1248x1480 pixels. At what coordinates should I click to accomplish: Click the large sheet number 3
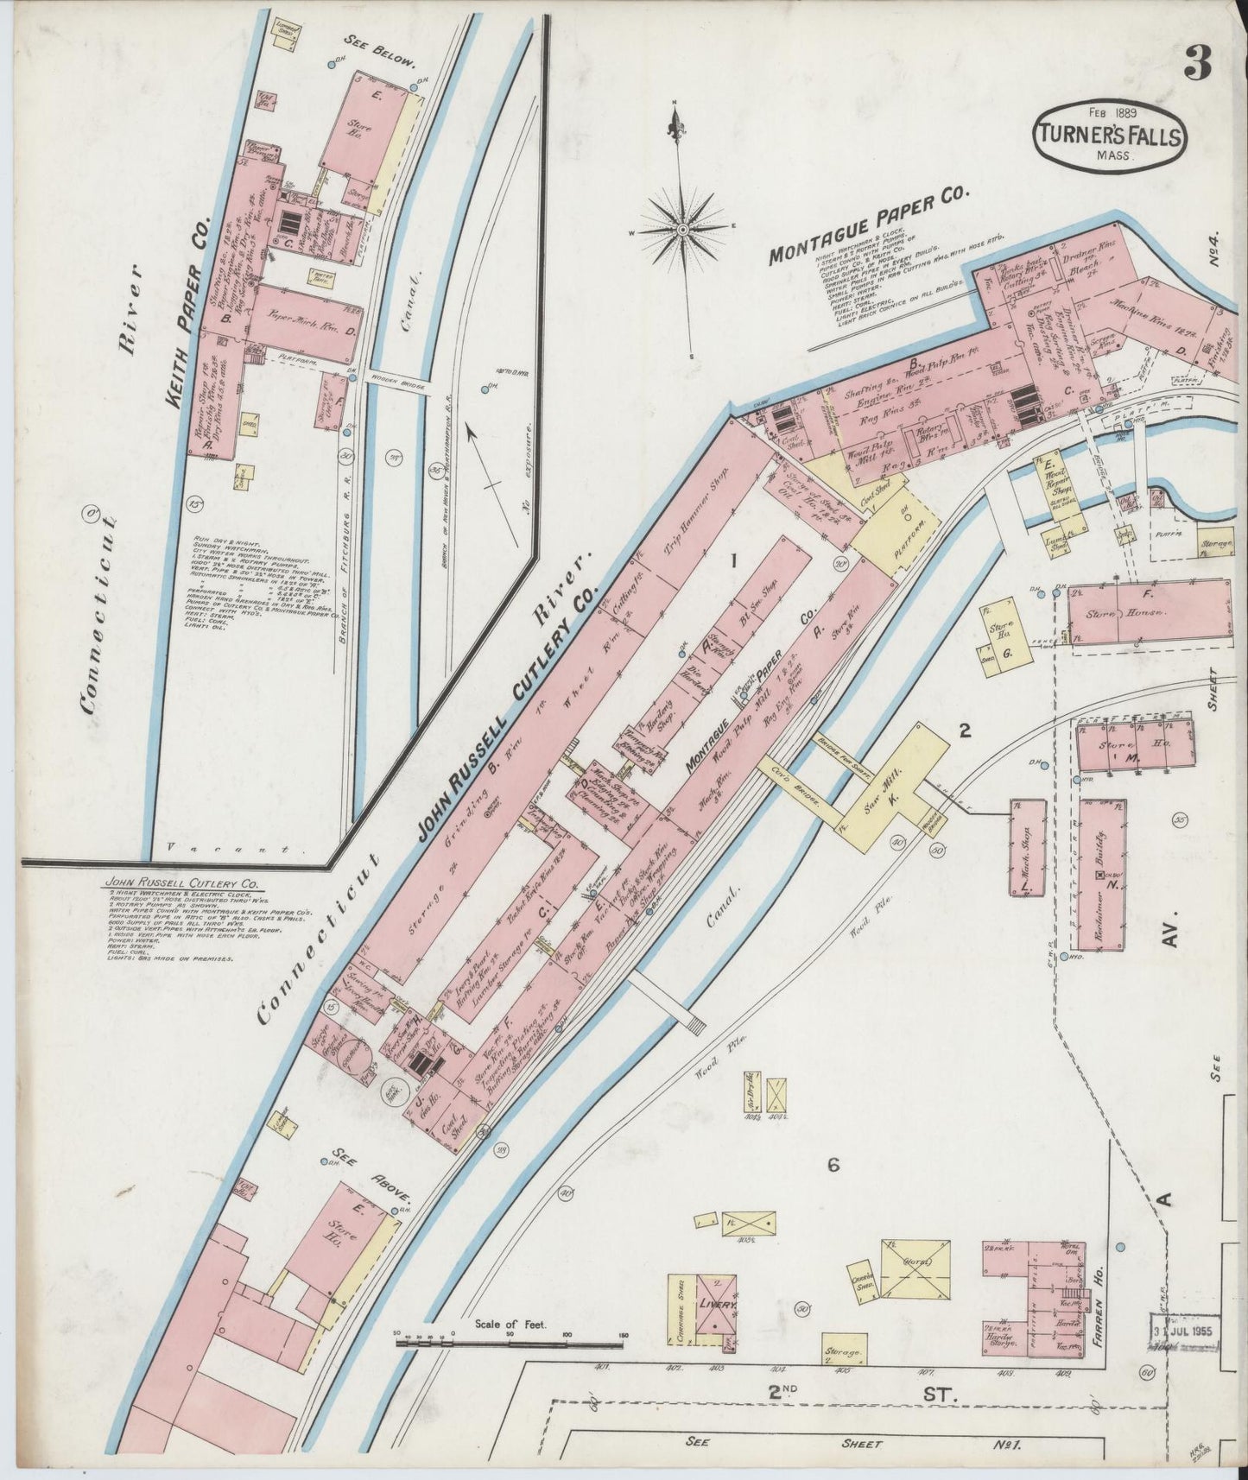(x=1199, y=62)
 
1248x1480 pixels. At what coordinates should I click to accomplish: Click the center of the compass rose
(x=681, y=230)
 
